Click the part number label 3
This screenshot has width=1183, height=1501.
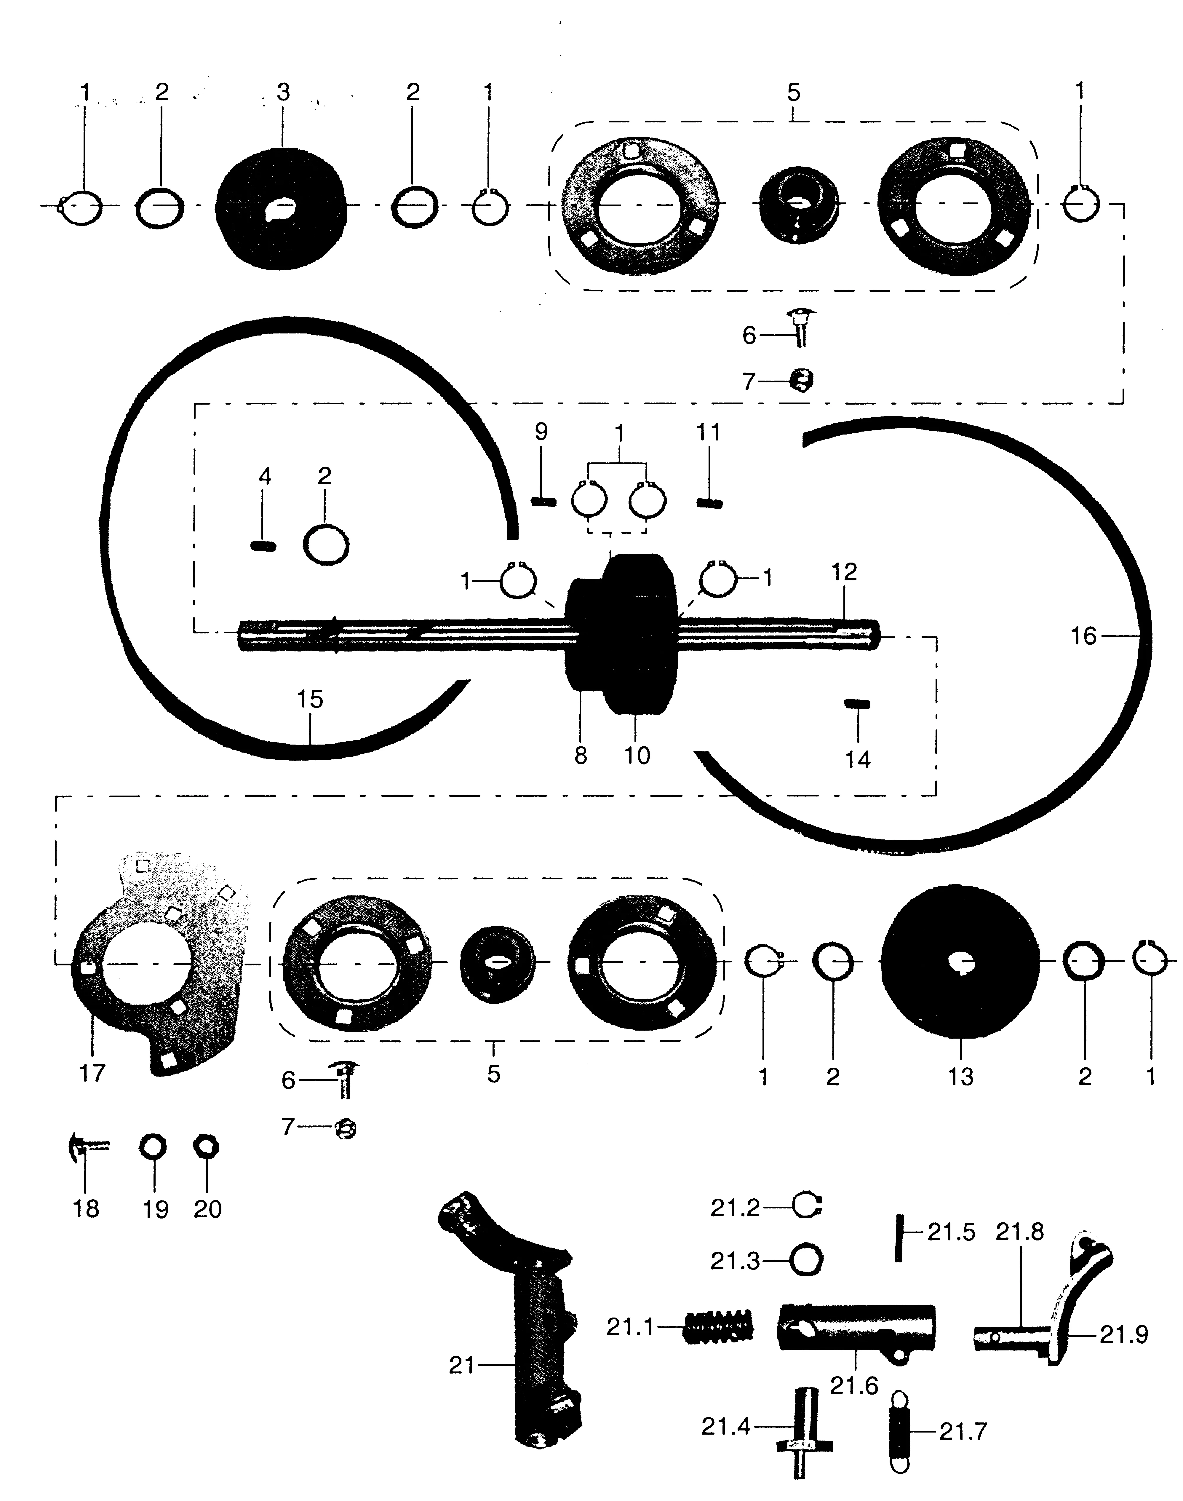pos(283,92)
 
